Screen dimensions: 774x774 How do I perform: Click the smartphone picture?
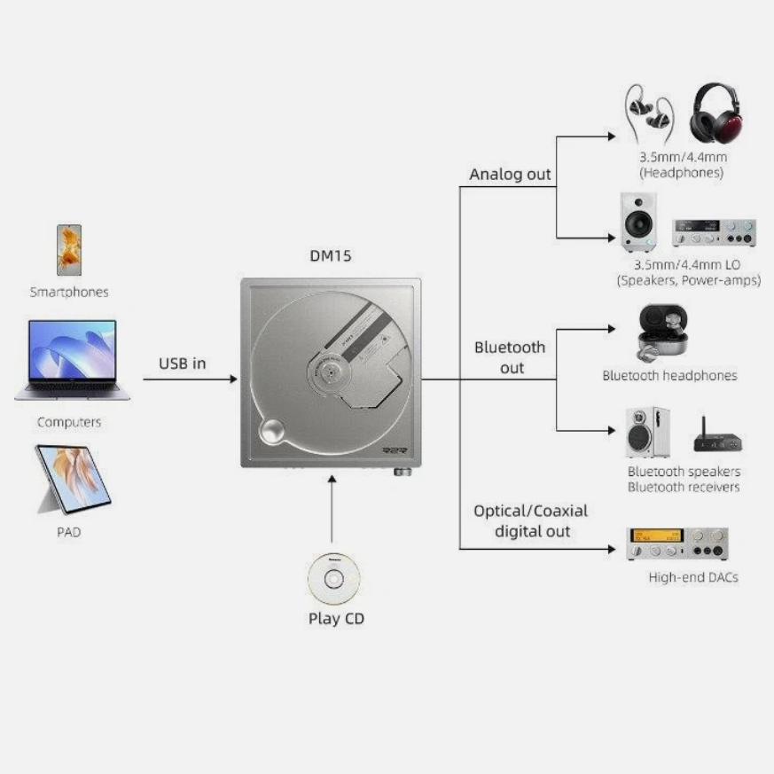[x=69, y=249]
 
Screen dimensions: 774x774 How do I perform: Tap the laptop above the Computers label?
[x=73, y=360]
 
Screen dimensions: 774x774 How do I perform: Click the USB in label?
[x=183, y=363]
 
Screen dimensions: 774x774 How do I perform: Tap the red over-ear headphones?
[x=715, y=113]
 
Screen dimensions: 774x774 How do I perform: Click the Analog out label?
[x=510, y=174]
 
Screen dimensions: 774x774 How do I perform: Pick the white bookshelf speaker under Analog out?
[x=637, y=223]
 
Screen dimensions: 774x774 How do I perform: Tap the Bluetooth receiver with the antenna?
[x=715, y=436]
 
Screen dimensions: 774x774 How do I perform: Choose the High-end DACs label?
[x=692, y=577]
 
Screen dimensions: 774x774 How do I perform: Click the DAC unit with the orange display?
[x=677, y=543]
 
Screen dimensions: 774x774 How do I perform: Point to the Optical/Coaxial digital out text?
[x=530, y=521]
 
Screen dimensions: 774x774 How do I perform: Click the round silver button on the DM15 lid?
[x=270, y=434]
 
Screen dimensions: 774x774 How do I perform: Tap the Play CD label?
[x=336, y=619]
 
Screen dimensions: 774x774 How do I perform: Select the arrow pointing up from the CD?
[x=332, y=509]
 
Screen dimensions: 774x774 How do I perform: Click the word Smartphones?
[x=69, y=291]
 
